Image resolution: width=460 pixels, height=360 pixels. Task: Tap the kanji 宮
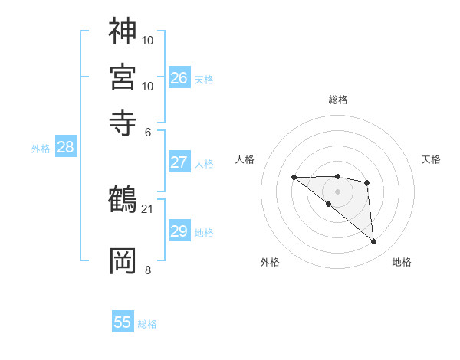123,77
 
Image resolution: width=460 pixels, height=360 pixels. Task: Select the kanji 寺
123,123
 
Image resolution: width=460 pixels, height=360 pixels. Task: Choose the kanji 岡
123,260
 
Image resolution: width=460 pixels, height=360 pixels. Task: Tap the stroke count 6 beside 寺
149,131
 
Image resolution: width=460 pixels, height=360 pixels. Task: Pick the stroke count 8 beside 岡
148,270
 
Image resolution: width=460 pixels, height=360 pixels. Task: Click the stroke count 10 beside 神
149,39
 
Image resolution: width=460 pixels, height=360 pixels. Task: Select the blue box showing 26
179,77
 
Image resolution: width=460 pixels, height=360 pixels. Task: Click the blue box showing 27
179,162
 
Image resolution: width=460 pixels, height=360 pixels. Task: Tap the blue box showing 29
179,231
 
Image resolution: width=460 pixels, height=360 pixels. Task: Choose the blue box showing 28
65,148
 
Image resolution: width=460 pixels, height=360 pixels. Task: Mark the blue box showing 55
123,322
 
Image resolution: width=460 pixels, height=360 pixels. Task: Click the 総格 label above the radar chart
338,100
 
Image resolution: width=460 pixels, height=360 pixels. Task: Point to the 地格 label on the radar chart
402,263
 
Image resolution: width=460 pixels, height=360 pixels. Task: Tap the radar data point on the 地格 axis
374,242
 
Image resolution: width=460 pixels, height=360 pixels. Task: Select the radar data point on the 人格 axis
294,177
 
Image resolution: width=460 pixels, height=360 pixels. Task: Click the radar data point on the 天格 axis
367,182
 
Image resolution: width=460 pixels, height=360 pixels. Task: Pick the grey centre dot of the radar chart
337,191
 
